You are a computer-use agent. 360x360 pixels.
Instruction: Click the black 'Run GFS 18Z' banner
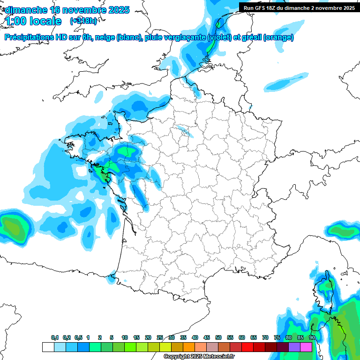point(299,7)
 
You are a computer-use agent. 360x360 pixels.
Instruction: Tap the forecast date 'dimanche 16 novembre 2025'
point(67,10)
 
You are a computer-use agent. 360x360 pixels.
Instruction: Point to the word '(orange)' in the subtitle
point(278,37)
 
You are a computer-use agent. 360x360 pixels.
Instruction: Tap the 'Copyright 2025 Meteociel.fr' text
point(199,357)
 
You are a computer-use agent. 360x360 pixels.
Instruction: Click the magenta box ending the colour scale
point(306,347)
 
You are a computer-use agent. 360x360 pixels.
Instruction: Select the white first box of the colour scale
point(48,347)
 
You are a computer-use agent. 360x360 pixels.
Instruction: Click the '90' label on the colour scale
point(312,338)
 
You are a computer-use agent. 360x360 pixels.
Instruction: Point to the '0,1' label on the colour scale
point(55,338)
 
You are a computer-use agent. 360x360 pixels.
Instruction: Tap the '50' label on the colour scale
point(218,338)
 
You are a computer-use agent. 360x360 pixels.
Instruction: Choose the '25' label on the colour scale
point(160,338)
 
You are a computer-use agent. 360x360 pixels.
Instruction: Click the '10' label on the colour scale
point(125,338)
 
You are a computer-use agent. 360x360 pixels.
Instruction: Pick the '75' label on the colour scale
point(277,338)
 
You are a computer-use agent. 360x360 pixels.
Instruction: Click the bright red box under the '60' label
point(247,347)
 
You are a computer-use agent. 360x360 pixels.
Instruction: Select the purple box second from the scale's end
point(294,347)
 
